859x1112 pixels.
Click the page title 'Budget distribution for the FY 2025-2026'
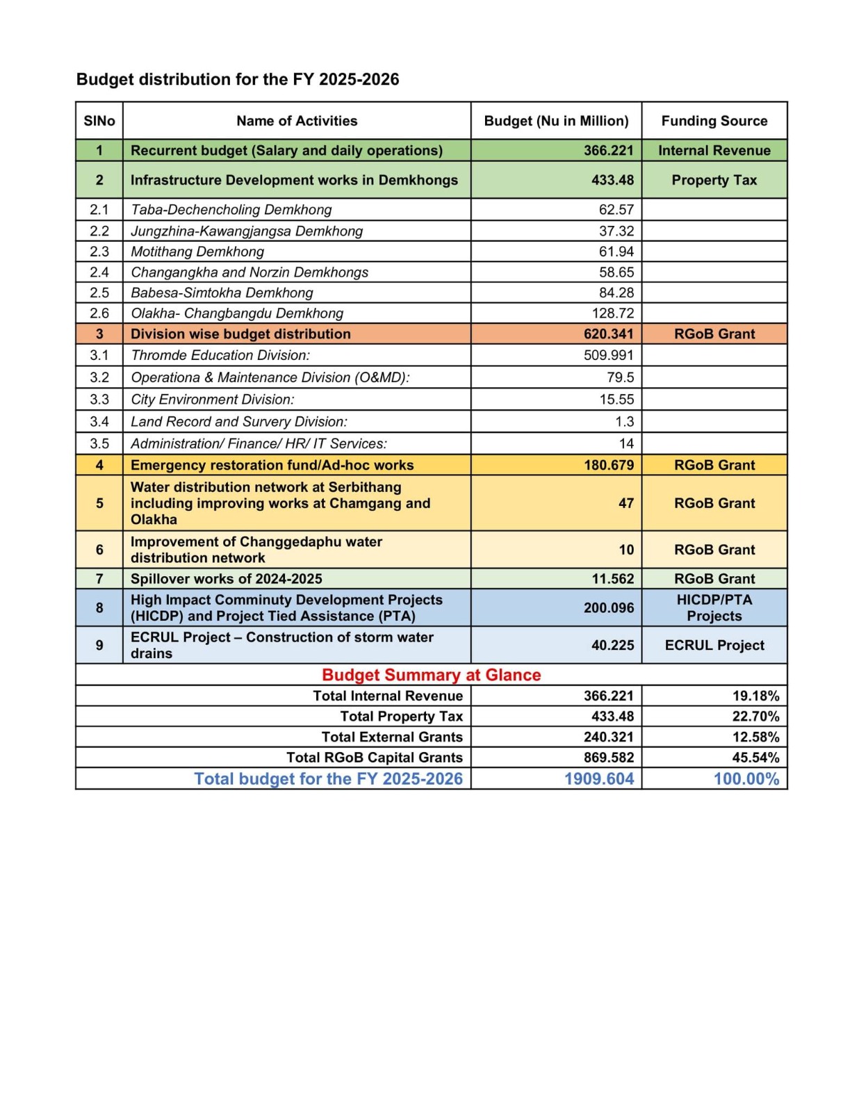(x=238, y=79)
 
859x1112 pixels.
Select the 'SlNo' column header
(x=99, y=121)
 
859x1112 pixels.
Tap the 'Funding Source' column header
(x=714, y=121)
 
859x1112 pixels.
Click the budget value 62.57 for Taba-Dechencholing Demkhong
(x=616, y=210)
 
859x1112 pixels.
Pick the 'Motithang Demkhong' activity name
(x=197, y=252)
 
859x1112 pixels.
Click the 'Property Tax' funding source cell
(x=714, y=180)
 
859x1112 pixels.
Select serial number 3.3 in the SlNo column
(x=99, y=400)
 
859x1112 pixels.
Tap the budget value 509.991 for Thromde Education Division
(x=608, y=355)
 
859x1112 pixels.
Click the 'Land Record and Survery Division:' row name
(x=239, y=422)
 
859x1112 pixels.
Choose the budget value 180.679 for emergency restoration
(x=608, y=465)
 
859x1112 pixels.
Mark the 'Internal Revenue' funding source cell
(x=714, y=151)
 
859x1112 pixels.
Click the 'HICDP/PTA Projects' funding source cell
(x=714, y=608)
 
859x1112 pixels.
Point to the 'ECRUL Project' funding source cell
(x=714, y=645)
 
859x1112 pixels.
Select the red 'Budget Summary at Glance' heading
(x=431, y=675)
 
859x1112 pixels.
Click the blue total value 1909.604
(x=598, y=779)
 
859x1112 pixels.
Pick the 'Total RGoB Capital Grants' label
(x=374, y=758)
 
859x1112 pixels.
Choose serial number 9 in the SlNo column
(x=99, y=645)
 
